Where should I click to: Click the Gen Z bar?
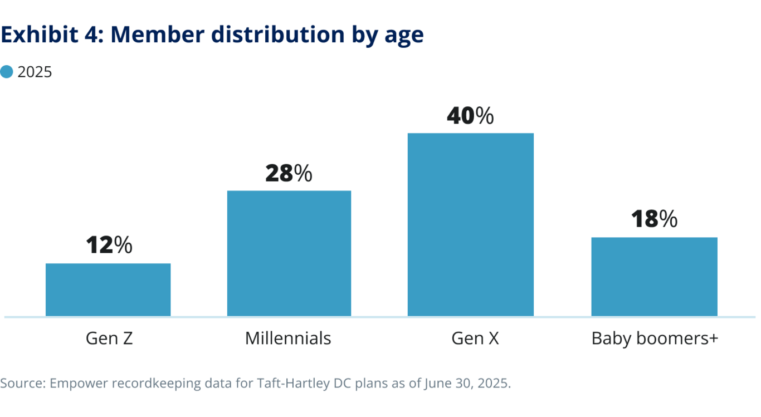[x=108, y=290]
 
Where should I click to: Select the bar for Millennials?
[x=289, y=253]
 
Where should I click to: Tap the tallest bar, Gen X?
[x=471, y=224]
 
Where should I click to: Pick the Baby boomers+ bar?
[x=654, y=277]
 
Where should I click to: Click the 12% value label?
[x=109, y=246]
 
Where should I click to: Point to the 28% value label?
[x=289, y=174]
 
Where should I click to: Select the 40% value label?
[x=470, y=116]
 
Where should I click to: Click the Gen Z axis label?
[x=109, y=338]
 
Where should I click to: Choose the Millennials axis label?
[x=288, y=338]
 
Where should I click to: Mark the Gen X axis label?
[x=475, y=338]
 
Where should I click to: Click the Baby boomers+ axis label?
[x=655, y=338]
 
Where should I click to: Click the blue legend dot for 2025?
[x=7, y=72]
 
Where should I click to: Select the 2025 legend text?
[x=35, y=72]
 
